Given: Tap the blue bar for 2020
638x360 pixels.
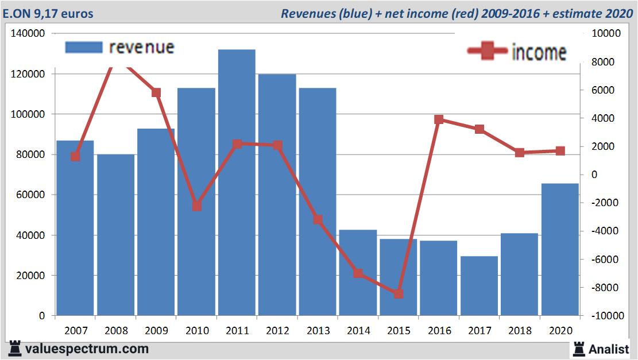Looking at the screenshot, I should click(x=560, y=250).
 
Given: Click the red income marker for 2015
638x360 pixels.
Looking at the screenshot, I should click(x=399, y=294).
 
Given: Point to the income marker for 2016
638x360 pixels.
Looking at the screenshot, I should click(x=439, y=119).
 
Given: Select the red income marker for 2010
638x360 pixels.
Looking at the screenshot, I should click(x=197, y=206).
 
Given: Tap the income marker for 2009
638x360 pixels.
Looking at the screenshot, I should click(x=156, y=92).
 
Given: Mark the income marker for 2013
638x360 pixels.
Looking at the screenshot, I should click(x=318, y=219).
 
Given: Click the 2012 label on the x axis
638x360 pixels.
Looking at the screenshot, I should click(x=277, y=331).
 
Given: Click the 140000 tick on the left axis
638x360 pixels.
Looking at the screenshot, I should click(x=28, y=34).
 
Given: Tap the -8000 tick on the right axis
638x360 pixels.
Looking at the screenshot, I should click(x=601, y=288).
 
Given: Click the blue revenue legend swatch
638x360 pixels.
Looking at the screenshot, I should click(x=84, y=47).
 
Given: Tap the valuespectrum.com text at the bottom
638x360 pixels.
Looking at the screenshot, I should click(x=87, y=349).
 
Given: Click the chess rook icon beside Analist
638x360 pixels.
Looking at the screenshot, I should click(x=578, y=349).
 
